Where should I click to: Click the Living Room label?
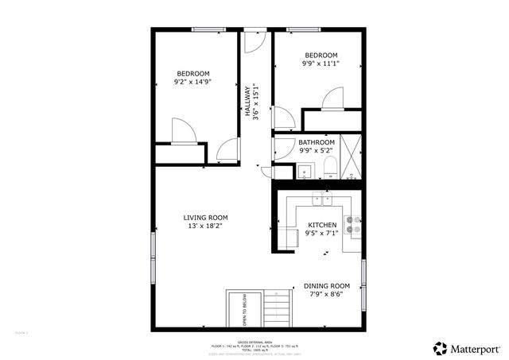click(x=205, y=218)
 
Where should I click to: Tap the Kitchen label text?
click(x=322, y=226)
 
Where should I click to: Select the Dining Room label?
click(x=327, y=286)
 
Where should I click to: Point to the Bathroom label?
click(x=317, y=143)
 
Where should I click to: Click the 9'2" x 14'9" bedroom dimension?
click(x=192, y=82)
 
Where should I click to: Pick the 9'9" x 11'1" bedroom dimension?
click(x=321, y=64)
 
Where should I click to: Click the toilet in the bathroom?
click(x=328, y=167)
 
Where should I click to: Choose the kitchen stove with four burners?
click(x=352, y=224)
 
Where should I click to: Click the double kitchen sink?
click(x=321, y=199)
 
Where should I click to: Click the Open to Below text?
click(x=244, y=312)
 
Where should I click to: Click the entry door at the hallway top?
click(x=254, y=41)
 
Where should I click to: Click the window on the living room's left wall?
click(x=153, y=256)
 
